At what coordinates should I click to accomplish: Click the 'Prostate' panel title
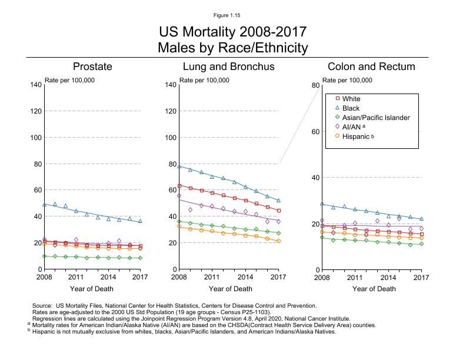click(x=92, y=66)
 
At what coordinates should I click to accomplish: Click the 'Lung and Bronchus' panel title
click(x=228, y=66)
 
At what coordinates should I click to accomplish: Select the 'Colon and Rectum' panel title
click(x=371, y=66)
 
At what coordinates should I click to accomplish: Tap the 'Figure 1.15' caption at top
click(x=232, y=15)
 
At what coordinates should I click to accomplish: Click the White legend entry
click(x=351, y=99)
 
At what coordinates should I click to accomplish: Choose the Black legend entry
click(x=351, y=108)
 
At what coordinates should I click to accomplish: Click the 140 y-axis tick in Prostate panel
click(x=36, y=85)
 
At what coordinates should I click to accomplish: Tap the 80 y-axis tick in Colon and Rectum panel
click(x=315, y=85)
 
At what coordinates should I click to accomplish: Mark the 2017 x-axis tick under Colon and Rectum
click(x=421, y=276)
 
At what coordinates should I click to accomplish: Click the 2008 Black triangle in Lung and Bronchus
click(x=179, y=166)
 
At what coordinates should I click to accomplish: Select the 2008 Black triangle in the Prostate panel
click(x=45, y=204)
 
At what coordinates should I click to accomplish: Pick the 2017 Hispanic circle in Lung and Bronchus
click(x=278, y=241)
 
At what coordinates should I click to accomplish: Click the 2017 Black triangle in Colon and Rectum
click(x=421, y=218)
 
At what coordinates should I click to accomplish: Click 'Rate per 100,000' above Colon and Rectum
click(x=348, y=80)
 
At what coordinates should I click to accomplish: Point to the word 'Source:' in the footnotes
click(x=42, y=306)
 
